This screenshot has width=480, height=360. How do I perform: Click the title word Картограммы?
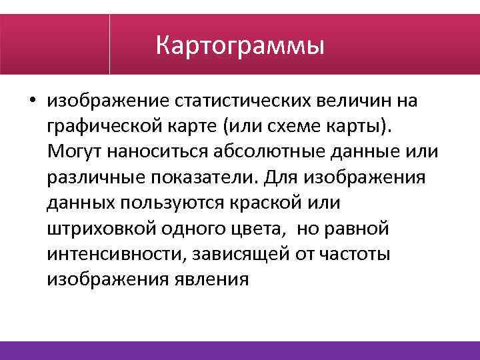pyautogui.click(x=239, y=46)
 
